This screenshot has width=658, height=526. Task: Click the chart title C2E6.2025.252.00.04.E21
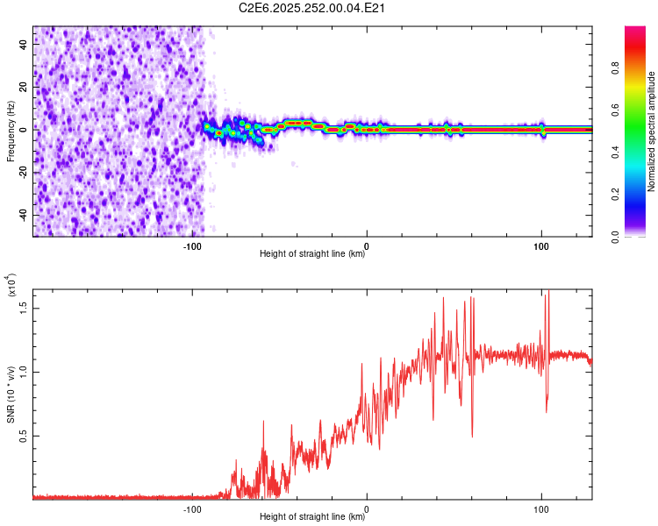(x=313, y=9)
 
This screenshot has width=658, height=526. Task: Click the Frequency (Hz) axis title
(x=11, y=131)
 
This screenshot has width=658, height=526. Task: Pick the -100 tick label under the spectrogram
(x=192, y=245)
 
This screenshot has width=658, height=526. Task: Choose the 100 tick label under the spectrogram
(x=541, y=245)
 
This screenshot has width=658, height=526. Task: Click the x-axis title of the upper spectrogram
(x=312, y=255)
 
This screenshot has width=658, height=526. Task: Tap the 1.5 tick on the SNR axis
(x=25, y=307)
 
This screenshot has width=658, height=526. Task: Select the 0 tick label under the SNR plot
(x=367, y=508)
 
